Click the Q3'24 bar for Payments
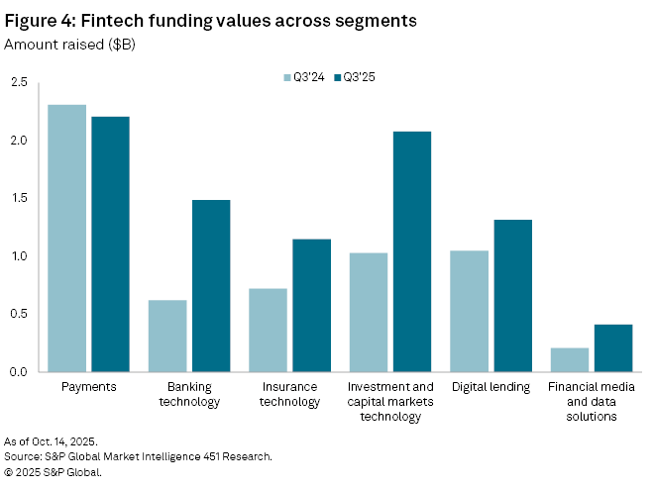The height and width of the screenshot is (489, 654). tap(66, 239)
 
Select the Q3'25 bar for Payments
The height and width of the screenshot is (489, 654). tap(110, 244)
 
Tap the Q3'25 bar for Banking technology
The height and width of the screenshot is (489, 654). tap(211, 286)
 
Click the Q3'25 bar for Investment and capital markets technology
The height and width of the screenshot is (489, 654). tap(412, 251)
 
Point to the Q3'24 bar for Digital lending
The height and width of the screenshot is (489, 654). tap(470, 311)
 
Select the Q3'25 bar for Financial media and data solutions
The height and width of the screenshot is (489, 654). tap(613, 348)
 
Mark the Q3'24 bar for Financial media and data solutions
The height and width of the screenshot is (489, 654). tap(570, 360)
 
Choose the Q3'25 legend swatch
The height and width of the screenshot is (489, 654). tap(337, 77)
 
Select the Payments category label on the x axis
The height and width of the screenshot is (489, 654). tap(89, 387)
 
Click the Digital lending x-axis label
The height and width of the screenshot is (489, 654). tap(491, 387)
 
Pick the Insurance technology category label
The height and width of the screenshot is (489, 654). tap(290, 394)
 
